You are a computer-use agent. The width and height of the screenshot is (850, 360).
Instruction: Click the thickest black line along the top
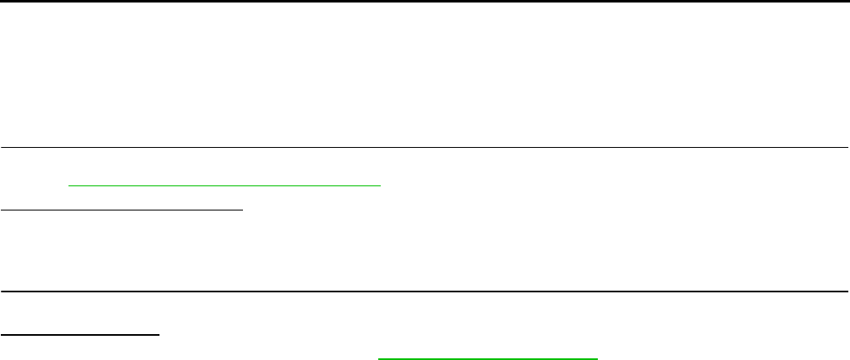(425, 1)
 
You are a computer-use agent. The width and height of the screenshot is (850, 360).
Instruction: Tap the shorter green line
(488, 358)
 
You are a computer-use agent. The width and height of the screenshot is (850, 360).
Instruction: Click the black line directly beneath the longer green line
(121, 210)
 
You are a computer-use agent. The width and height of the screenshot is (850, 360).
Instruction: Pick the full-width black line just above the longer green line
(425, 147)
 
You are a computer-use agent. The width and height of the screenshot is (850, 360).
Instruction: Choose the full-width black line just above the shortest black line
(425, 292)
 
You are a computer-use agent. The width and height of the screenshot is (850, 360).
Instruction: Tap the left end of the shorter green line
(379, 358)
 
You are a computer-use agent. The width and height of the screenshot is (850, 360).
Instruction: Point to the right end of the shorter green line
(598, 358)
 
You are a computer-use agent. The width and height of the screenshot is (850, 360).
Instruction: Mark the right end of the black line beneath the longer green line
(242, 210)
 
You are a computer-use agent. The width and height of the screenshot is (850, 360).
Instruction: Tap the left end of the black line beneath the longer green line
(1, 210)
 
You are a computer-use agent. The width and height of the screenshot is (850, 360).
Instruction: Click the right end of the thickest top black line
(848, 1)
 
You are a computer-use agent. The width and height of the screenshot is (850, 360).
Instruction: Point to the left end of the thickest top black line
(1, 1)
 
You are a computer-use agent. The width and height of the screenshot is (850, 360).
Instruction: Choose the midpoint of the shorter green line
(488, 358)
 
